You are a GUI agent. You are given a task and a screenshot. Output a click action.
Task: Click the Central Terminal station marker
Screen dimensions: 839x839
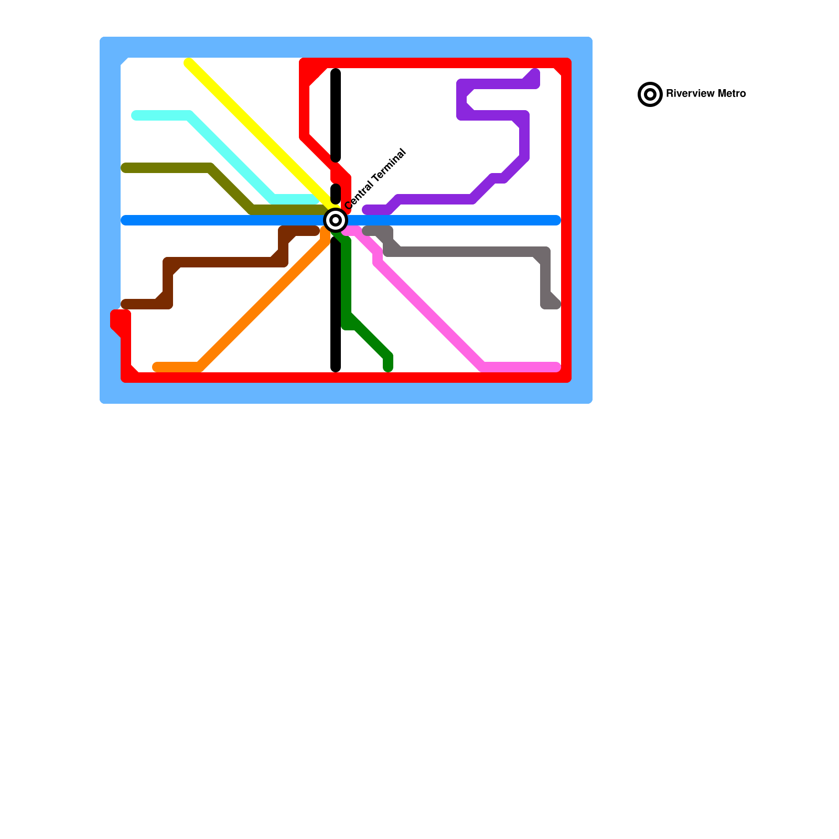pos(336,220)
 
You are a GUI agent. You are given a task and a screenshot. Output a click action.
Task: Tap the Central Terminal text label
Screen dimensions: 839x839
pos(375,179)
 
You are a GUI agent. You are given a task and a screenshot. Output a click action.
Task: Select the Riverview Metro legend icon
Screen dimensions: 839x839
pos(650,94)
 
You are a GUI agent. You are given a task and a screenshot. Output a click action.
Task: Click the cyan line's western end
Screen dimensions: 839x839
pos(135,115)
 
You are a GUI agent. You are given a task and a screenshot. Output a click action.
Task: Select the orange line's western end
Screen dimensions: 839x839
pos(156,367)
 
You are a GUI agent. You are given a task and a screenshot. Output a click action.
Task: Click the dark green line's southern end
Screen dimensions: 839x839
pos(388,368)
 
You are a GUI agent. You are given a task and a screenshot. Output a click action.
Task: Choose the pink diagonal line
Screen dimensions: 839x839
pos(430,315)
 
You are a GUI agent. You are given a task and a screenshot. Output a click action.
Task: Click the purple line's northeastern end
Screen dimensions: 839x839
pos(535,73)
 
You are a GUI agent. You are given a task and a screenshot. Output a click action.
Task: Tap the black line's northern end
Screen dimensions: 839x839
pos(336,73)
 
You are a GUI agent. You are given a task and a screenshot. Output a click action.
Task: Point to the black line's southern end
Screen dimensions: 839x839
pos(336,368)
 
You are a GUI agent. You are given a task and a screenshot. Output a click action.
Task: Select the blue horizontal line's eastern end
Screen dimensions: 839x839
pos(557,220)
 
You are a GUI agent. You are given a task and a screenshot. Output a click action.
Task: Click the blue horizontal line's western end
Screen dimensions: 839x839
pos(125,220)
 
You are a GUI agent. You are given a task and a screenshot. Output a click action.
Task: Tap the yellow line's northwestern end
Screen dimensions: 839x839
pos(188,63)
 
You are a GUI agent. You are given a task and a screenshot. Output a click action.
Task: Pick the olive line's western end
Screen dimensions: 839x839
pos(125,168)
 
